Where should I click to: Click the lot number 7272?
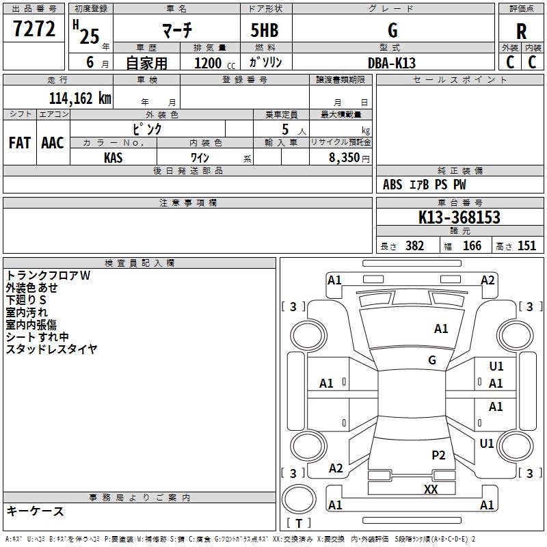(34, 29)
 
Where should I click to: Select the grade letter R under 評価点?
(521, 31)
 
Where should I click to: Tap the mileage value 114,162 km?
(80, 98)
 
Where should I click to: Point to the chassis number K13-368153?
(459, 217)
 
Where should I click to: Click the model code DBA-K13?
(391, 63)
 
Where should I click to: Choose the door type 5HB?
(265, 30)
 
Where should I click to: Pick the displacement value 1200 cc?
(215, 63)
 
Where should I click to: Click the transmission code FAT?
(20, 143)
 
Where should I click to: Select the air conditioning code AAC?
(53, 143)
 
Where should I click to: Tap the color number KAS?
(113, 158)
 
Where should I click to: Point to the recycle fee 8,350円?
(349, 158)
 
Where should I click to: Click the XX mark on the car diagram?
(431, 489)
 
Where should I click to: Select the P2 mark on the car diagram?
(438, 455)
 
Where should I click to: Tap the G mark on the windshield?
(432, 360)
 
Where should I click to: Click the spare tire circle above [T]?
(299, 499)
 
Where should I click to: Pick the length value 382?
(414, 245)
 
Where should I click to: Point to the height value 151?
(526, 245)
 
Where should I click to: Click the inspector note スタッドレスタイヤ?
(51, 349)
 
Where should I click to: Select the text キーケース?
(35, 511)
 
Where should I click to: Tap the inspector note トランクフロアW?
(48, 276)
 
